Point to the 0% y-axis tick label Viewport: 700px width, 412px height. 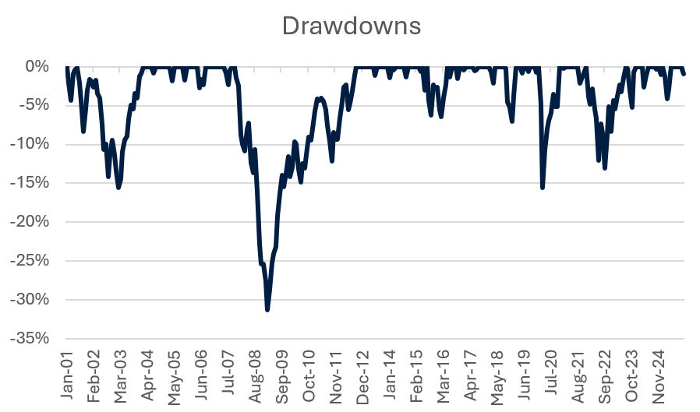[x=37, y=67]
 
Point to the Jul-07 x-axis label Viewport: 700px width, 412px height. [x=226, y=375]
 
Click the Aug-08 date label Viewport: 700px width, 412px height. [x=254, y=375]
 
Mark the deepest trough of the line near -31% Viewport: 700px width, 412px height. [x=267, y=310]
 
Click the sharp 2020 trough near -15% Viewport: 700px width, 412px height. [x=542, y=188]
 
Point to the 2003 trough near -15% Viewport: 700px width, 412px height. [x=118, y=188]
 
